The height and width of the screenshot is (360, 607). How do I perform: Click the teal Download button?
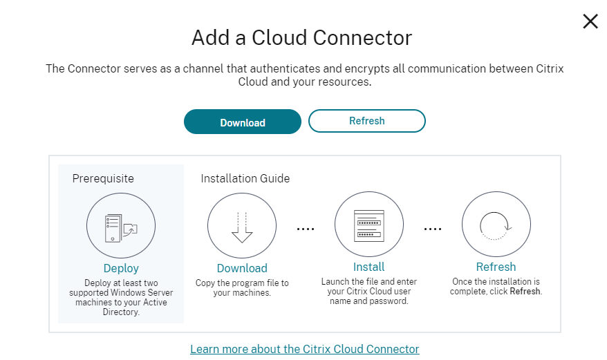click(x=242, y=122)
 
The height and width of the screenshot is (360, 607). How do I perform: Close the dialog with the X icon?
click(x=590, y=21)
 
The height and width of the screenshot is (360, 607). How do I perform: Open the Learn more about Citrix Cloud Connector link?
click(x=304, y=349)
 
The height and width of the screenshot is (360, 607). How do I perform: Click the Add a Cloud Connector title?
click(x=301, y=37)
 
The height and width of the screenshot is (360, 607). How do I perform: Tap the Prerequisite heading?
click(x=103, y=178)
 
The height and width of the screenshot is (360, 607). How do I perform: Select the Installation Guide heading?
click(x=245, y=178)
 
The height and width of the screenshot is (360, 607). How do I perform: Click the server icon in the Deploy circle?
click(x=120, y=227)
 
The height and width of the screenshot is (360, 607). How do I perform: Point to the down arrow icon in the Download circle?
click(x=242, y=227)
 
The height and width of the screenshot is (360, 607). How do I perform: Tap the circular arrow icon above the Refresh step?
click(x=496, y=226)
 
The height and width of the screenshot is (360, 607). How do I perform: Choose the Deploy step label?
click(x=121, y=268)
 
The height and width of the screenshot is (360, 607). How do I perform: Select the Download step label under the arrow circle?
click(x=242, y=268)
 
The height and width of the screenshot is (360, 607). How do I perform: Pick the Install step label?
click(x=368, y=267)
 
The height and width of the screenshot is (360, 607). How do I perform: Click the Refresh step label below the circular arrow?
click(x=496, y=267)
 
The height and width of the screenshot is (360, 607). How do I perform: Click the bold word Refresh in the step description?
click(x=525, y=292)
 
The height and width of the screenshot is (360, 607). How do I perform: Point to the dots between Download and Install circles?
click(x=305, y=227)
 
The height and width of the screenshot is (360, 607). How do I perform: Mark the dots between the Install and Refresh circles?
click(x=432, y=227)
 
